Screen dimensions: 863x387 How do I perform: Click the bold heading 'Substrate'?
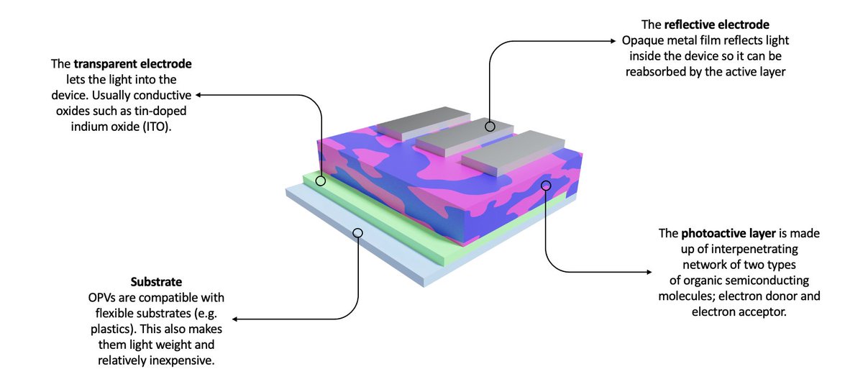[x=156, y=282]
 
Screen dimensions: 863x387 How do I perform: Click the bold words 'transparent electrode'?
[x=132, y=63]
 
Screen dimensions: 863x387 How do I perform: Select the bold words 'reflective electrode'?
[x=716, y=24]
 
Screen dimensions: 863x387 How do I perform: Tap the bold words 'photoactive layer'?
[x=728, y=234]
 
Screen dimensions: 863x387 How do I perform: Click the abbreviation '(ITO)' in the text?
[x=157, y=127]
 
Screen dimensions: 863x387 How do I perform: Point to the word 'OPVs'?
[x=101, y=298]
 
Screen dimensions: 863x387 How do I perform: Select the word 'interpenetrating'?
[x=754, y=250]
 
